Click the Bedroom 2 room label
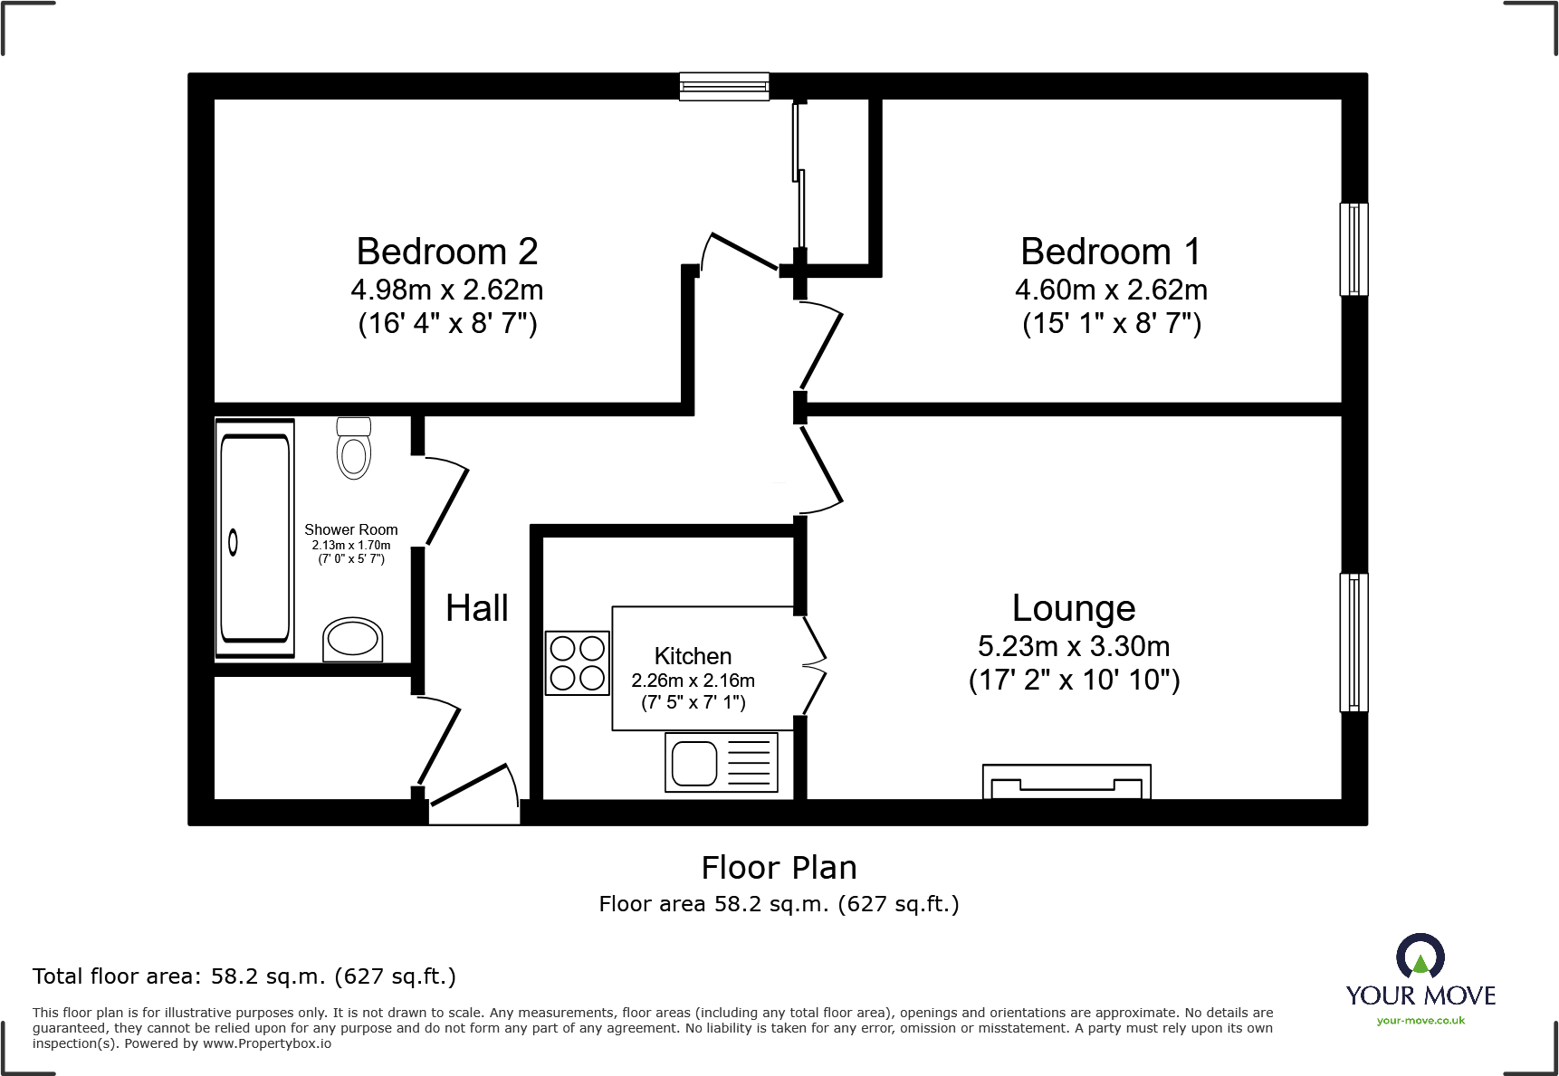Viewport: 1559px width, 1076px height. [447, 252]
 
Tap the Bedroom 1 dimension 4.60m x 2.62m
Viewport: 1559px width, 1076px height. [1111, 290]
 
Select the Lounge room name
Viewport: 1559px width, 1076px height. [1074, 608]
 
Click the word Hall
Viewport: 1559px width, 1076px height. [476, 608]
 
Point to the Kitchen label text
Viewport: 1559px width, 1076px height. [693, 656]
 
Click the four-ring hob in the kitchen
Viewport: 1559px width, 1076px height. [577, 663]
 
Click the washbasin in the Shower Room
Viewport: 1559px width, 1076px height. [353, 639]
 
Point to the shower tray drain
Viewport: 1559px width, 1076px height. [234, 542]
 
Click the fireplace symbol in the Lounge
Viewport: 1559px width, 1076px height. [1066, 781]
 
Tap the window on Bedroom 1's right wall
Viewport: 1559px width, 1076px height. [1353, 250]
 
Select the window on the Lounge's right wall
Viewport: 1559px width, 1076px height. [1353, 642]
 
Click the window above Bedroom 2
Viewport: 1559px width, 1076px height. [724, 86]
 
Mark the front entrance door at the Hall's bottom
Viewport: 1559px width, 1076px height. [474, 796]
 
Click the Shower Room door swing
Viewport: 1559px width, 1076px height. [444, 502]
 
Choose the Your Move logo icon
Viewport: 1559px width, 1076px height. [1420, 957]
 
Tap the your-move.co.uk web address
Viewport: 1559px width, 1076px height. [1420, 1021]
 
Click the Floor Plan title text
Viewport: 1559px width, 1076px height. [779, 868]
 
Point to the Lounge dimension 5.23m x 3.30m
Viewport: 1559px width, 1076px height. [1074, 646]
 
